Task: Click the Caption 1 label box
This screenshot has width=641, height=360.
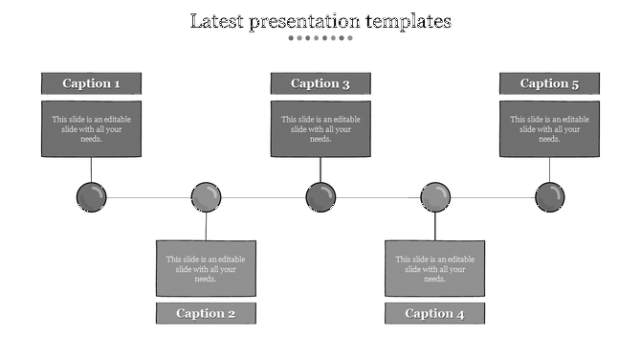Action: tap(91, 83)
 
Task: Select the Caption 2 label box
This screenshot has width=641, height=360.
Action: tap(206, 313)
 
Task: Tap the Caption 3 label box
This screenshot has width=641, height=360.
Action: tap(320, 83)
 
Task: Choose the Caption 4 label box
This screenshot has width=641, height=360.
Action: tap(434, 313)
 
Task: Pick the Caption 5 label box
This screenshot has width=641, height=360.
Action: tap(549, 83)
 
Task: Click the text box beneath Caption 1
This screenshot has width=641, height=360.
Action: tap(91, 128)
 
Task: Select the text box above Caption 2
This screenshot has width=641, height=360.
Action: tap(206, 268)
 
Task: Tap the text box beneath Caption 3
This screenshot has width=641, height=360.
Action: tap(320, 128)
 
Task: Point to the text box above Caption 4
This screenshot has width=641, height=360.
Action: tap(434, 268)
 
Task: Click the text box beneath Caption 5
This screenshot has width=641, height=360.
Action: tap(549, 128)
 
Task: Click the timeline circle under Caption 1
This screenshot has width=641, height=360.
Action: tap(91, 198)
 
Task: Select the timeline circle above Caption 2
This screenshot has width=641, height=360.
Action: tap(206, 198)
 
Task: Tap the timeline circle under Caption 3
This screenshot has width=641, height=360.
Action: tap(320, 198)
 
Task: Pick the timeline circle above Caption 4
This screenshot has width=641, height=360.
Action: tap(435, 198)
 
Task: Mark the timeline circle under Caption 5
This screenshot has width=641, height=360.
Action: tap(550, 198)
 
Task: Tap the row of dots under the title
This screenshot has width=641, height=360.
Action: tap(320, 38)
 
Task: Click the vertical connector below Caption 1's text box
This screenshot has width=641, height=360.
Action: tap(91, 169)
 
